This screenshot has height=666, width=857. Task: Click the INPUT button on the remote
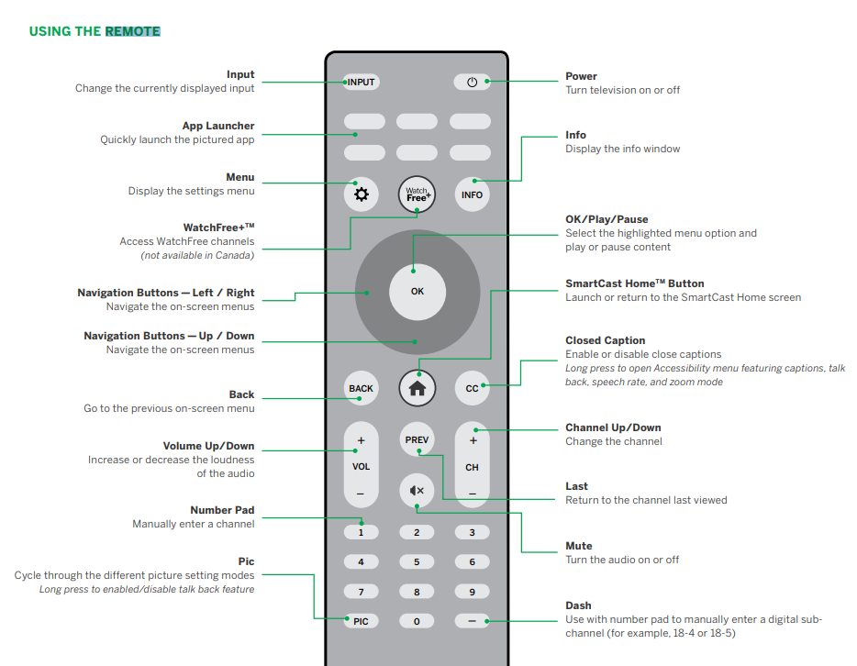point(362,82)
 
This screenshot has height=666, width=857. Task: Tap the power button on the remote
point(472,82)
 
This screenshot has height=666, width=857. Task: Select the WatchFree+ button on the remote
point(417,194)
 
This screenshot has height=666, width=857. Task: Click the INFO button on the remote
point(472,194)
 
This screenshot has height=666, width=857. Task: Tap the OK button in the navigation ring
point(417,292)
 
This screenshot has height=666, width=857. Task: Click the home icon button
point(417,388)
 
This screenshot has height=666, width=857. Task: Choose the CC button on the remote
point(472,388)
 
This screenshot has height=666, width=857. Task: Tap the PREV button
point(417,440)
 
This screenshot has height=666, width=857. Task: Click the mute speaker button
point(417,491)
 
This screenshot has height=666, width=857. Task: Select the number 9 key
point(472,592)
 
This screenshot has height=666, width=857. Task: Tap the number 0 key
point(417,621)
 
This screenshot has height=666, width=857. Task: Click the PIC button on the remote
point(361,621)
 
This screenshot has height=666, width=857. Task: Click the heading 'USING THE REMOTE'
point(95,31)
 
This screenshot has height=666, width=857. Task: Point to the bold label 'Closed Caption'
point(605,340)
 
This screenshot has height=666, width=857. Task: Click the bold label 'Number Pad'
point(222,510)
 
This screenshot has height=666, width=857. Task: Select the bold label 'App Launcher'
point(218,126)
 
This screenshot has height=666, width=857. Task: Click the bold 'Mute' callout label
point(578,546)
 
